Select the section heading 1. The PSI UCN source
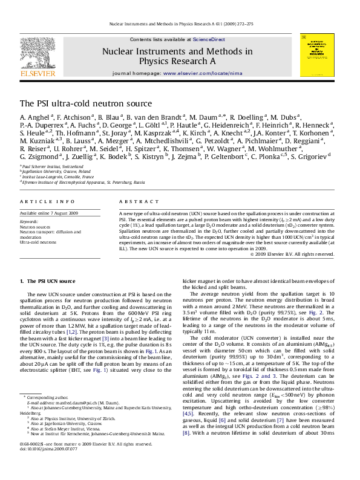(48, 282)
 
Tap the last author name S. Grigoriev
(310, 156)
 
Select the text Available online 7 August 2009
(49, 213)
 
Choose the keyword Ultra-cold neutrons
(39, 242)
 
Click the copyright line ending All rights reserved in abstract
(292, 254)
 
